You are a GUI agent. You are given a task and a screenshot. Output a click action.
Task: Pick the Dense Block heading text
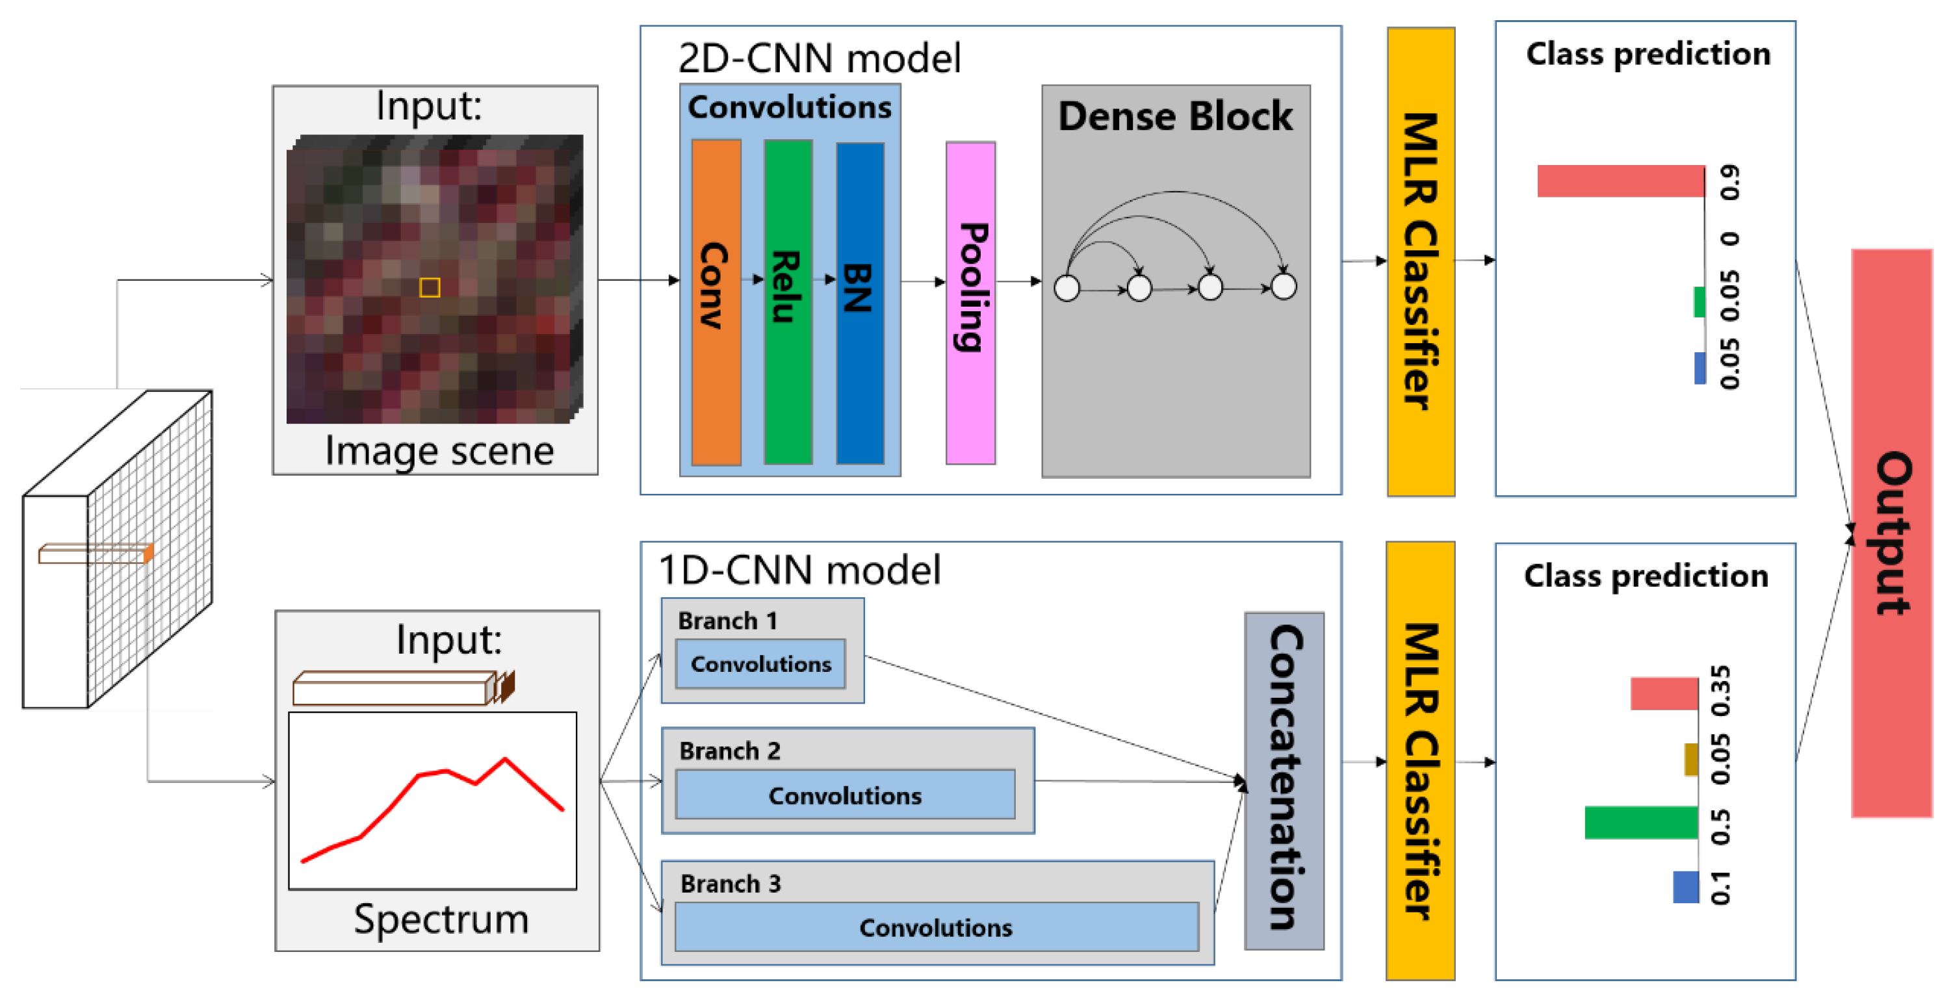pos(1175,116)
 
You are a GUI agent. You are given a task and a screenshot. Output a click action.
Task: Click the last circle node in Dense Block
pos(1284,287)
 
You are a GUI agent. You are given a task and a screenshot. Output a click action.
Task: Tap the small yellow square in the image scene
pos(430,287)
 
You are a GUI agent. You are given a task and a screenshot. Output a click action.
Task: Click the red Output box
pos(1891,532)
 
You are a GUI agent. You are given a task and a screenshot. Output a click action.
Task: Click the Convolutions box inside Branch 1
pos(760,663)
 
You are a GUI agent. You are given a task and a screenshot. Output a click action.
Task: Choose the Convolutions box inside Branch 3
pos(936,927)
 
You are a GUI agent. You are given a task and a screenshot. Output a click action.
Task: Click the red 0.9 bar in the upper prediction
pos(1620,181)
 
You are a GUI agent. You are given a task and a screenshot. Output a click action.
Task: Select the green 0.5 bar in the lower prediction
pos(1640,823)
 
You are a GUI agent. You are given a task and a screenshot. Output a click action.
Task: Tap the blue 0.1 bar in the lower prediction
pos(1685,886)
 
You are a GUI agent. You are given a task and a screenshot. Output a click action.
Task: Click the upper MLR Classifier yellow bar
pos(1420,262)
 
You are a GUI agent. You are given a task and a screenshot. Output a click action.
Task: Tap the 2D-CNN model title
pos(819,58)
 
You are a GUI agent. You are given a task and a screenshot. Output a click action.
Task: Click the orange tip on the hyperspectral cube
pos(149,554)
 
